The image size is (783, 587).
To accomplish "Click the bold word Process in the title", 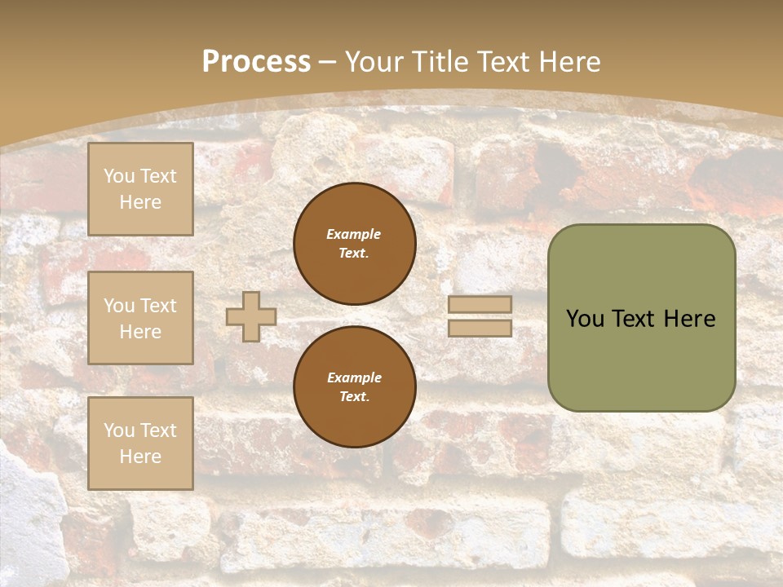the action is click(256, 62).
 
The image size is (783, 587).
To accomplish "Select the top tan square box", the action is click(140, 188).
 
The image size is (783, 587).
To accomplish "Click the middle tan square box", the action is click(140, 318).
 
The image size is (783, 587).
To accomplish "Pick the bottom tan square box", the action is click(140, 444).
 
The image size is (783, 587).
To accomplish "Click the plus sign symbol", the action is click(251, 316).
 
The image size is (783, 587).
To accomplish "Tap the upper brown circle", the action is click(355, 244).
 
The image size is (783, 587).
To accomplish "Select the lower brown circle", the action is click(355, 386).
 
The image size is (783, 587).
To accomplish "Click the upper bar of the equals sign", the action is click(480, 304).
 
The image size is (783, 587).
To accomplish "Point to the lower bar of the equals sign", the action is click(480, 328).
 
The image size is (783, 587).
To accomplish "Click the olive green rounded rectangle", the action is click(642, 318).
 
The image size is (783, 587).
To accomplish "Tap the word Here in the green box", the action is click(690, 319).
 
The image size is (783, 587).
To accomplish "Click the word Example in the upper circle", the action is click(353, 234).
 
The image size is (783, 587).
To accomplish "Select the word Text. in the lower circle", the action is click(355, 396).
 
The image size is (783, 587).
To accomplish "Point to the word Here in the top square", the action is click(140, 202).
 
